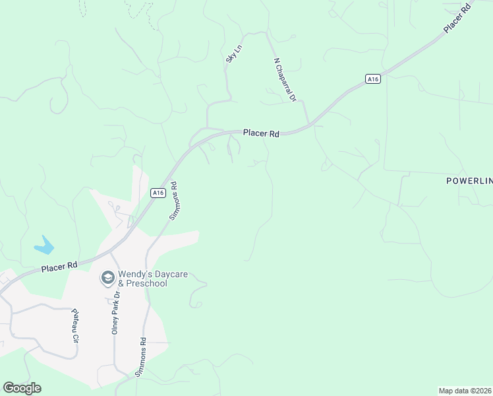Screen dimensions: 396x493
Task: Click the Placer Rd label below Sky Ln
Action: click(261, 133)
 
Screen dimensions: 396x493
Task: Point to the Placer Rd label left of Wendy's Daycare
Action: click(59, 266)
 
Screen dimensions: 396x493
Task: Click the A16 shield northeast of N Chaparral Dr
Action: click(373, 79)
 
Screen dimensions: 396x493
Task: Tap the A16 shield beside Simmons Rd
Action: click(156, 193)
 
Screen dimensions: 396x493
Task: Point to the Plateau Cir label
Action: click(76, 326)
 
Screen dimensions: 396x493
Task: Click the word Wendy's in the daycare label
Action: click(134, 275)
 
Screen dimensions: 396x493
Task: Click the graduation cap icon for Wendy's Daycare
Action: click(107, 279)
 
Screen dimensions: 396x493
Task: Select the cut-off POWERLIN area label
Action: click(469, 180)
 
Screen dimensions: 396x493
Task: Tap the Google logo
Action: click(22, 388)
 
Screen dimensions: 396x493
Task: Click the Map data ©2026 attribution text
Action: click(464, 391)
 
